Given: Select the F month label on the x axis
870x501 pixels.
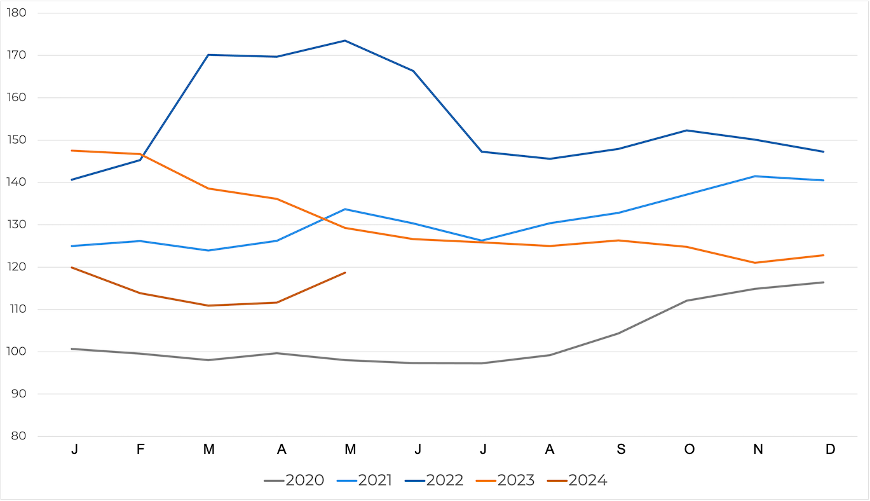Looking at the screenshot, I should (x=140, y=450).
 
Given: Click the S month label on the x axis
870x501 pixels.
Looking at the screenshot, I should (x=621, y=450).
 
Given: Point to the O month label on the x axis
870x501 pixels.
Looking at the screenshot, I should (x=690, y=450).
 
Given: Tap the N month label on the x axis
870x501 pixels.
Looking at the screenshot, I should (x=758, y=450).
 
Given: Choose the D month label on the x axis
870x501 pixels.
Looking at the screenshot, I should (x=830, y=450).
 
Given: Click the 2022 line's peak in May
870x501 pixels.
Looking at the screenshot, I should (x=345, y=41).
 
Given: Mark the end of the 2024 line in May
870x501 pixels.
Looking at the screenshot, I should (x=345, y=273).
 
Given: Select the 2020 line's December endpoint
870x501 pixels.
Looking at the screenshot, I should (x=824, y=282).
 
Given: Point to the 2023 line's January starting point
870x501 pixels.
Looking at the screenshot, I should (x=72, y=151).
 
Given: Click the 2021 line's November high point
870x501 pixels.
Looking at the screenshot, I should (x=754, y=176).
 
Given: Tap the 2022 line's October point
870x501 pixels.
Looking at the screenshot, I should (x=686, y=130).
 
